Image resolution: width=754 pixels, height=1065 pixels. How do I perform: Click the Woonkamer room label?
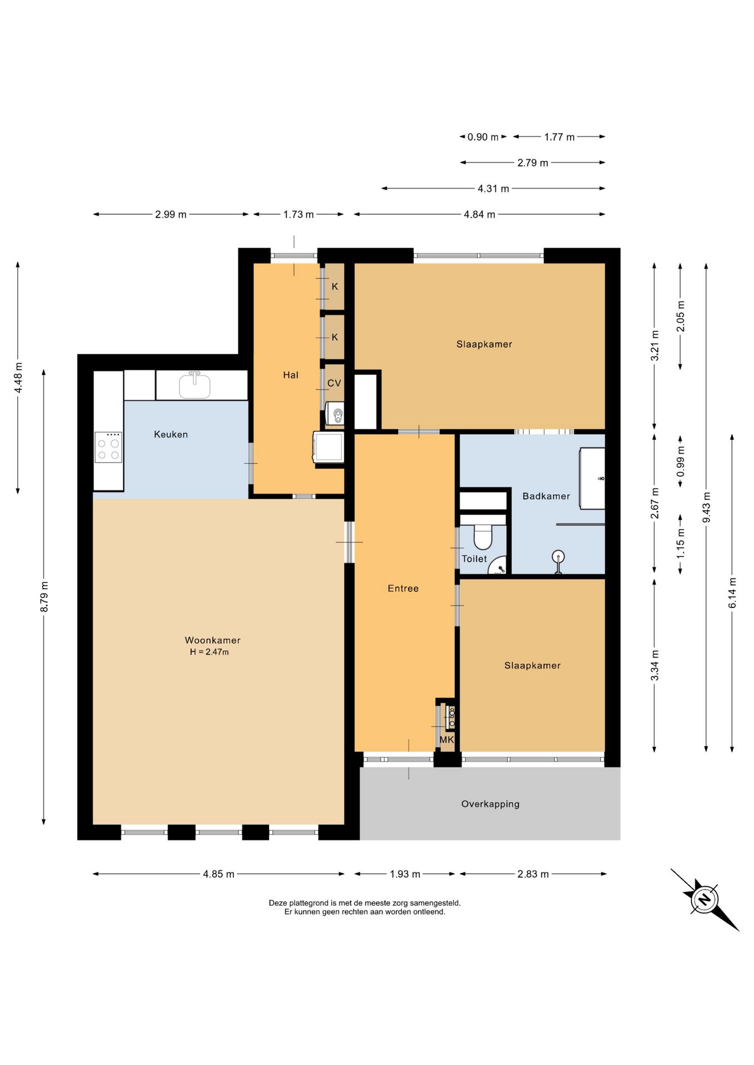(x=213, y=640)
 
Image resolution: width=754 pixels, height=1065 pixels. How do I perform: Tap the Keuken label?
(x=171, y=434)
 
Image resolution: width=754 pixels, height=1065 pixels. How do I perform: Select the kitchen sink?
(x=194, y=386)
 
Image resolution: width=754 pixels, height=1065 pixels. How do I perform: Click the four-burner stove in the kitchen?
(x=108, y=447)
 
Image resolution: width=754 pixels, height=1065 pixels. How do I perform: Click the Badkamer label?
(x=546, y=496)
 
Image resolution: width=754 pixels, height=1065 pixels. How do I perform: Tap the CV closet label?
(x=334, y=383)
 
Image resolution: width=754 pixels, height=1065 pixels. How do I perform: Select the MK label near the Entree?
(x=447, y=740)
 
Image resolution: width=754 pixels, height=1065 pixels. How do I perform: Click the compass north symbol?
(x=705, y=898)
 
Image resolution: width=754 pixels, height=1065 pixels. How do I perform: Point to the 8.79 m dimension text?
(x=44, y=597)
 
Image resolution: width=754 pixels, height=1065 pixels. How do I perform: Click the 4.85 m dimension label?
(x=219, y=874)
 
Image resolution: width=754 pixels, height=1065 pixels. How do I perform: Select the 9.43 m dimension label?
(x=706, y=507)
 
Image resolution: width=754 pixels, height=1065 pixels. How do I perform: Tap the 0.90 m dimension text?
(x=483, y=137)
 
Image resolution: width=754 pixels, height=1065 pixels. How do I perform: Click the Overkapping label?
(x=490, y=804)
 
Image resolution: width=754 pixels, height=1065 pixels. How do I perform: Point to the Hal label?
(x=291, y=375)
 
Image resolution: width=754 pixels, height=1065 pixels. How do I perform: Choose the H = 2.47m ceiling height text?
(x=209, y=652)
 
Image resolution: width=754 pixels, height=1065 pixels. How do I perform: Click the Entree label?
(x=403, y=589)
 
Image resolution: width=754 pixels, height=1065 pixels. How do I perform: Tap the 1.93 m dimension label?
(x=405, y=874)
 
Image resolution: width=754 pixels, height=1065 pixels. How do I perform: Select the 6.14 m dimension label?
(x=732, y=592)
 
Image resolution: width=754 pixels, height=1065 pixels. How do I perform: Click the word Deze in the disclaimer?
(x=278, y=903)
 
